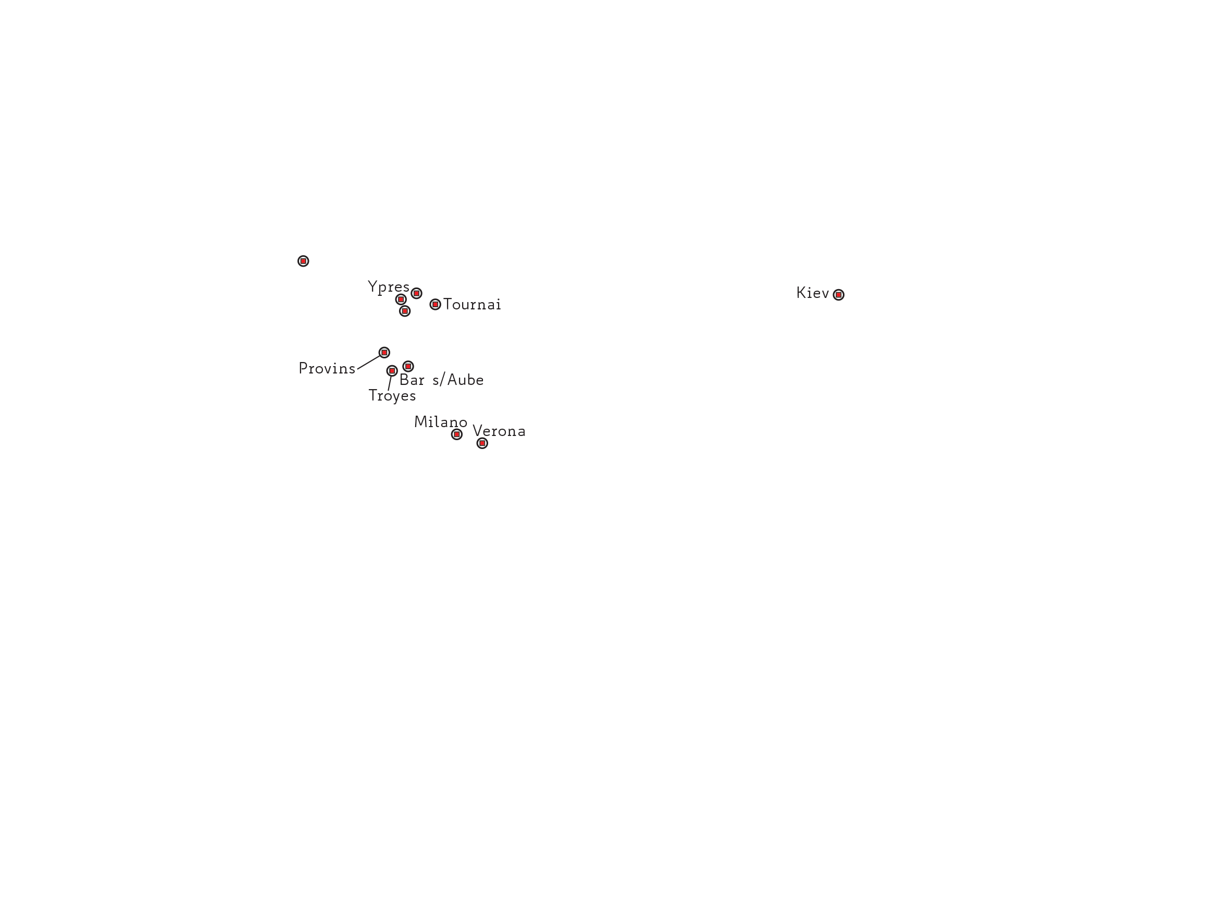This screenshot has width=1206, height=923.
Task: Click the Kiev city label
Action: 812,293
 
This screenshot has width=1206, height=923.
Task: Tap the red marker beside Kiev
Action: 838,295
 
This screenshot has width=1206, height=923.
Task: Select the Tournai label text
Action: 472,304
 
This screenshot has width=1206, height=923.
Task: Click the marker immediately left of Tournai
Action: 435,304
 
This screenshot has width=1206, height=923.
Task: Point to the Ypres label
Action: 389,288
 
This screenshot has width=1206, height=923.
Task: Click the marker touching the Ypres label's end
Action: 416,293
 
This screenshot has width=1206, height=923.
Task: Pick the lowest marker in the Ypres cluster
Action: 405,311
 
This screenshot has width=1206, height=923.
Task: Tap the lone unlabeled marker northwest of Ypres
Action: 303,261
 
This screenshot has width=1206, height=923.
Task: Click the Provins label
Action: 327,369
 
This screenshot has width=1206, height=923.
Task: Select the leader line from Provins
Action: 369,362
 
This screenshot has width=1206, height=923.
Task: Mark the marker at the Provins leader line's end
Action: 384,353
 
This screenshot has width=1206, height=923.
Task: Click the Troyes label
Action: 392,395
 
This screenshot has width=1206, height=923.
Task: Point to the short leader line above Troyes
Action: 390,383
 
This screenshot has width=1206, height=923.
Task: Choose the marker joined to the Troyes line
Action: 392,371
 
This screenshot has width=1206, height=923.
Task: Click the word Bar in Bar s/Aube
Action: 412,380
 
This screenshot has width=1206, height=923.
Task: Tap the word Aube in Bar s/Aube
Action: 465,380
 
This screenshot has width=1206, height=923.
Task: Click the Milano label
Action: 441,422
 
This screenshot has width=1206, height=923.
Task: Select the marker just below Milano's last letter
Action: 456,434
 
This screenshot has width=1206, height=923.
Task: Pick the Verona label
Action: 499,431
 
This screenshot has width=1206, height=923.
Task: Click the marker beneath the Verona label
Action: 482,443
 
